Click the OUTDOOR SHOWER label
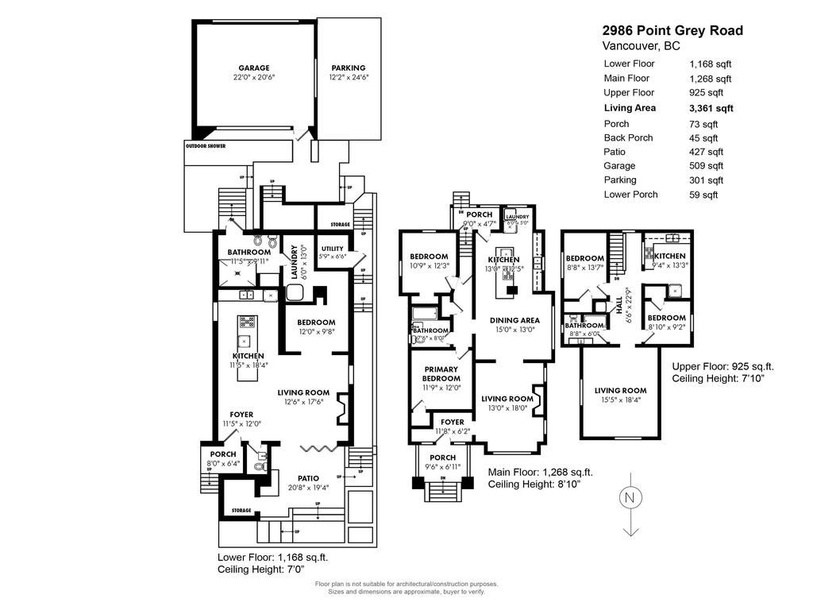click(x=206, y=146)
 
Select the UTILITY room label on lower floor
click(x=331, y=249)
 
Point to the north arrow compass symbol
click(x=630, y=499)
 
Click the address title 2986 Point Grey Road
click(x=672, y=30)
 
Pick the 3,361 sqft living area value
click(x=711, y=108)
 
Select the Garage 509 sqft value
click(x=707, y=166)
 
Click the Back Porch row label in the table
click(x=628, y=137)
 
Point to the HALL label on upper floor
click(x=619, y=303)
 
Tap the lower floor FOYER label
click(x=241, y=415)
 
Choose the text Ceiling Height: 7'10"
click(x=722, y=380)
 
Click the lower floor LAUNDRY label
click(x=294, y=262)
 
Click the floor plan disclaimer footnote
click(x=406, y=587)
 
